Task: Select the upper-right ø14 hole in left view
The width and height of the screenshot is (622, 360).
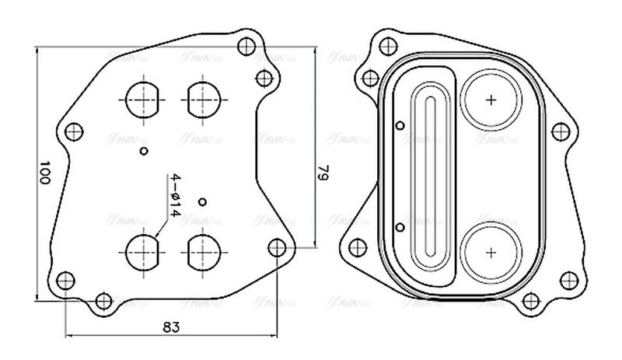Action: tap(201, 100)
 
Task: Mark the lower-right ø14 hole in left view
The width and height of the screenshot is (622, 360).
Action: tap(201, 252)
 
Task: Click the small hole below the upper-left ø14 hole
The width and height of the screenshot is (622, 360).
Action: tap(142, 149)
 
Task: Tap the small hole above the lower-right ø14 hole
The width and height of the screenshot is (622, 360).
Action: tap(202, 202)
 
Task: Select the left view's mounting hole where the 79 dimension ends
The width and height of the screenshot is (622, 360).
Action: tap(277, 247)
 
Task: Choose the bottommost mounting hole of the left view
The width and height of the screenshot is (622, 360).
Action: tap(102, 301)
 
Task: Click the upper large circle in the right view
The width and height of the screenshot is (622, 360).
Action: tap(491, 100)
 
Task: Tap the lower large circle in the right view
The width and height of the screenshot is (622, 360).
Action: tap(491, 252)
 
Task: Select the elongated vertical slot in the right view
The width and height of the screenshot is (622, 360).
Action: tap(430, 174)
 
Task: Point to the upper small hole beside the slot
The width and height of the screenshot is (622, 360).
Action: tap(400, 125)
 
